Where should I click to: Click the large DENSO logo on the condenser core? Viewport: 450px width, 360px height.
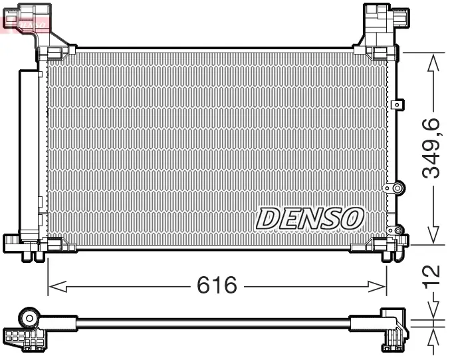point(310,218)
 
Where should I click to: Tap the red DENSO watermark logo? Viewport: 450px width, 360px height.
point(25,22)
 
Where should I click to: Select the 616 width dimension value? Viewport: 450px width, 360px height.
point(217,286)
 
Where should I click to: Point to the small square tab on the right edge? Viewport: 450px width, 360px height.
point(397,104)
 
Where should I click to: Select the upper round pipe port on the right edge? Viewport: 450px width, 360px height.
point(399,189)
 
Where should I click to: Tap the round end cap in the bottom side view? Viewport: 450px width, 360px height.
point(30,315)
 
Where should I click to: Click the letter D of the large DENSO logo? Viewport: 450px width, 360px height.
point(269,218)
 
